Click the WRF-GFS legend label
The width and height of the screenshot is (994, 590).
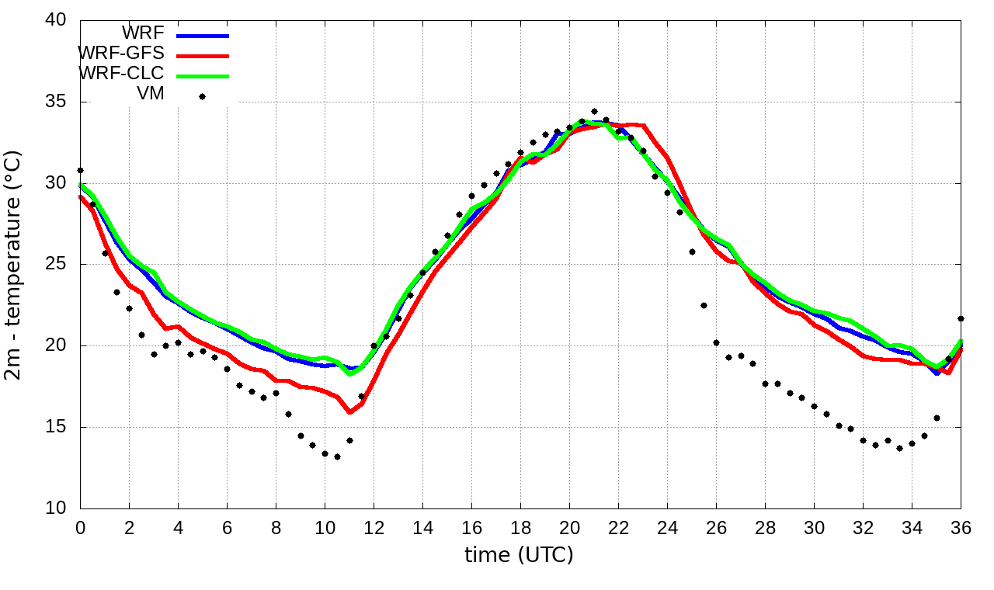point(121,54)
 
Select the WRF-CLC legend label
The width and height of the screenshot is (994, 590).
point(121,75)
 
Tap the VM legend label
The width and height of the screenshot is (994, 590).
point(150,95)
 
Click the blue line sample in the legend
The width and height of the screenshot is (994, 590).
point(203,35)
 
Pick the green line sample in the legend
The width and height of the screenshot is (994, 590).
point(203,75)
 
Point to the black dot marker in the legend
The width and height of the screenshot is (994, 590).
point(202,96)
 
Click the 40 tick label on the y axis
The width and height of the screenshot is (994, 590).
point(56,21)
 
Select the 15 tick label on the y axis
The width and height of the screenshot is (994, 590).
point(56,427)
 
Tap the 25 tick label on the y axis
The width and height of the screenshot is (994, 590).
point(56,265)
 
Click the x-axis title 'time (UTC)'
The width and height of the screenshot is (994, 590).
point(519,555)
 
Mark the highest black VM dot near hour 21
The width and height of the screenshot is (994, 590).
point(594,111)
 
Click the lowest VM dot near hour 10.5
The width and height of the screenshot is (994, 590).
point(337,456)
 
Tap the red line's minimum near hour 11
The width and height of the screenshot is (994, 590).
point(349,412)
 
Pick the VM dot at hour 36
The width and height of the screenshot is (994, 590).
point(961,318)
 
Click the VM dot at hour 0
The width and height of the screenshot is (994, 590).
point(80,170)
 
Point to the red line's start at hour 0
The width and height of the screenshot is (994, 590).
point(81,196)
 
